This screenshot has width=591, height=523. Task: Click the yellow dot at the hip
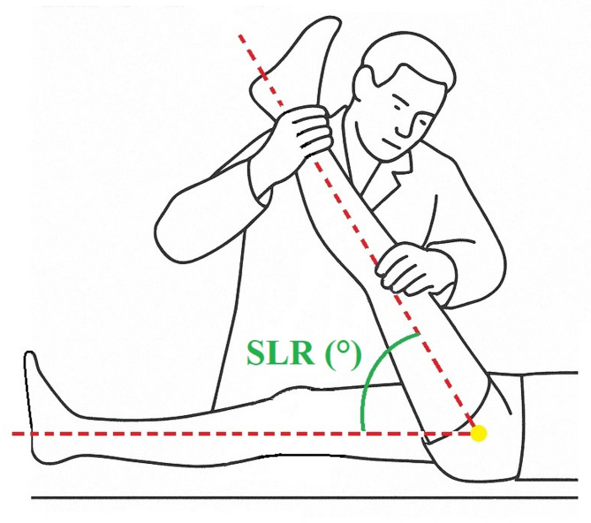pyautogui.click(x=479, y=433)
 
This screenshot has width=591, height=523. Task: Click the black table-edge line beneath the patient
pyautogui.click(x=265, y=498)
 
